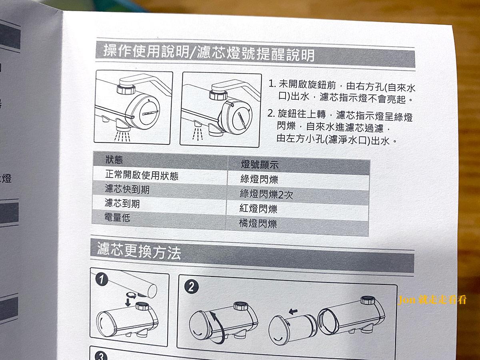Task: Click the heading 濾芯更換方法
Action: point(139,251)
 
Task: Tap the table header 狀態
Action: point(114,160)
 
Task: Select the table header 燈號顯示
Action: point(260,164)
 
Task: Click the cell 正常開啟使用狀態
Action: point(142,175)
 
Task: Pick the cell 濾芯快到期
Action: point(127,189)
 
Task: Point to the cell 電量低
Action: point(117,218)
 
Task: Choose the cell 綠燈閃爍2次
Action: point(266,194)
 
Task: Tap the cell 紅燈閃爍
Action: point(258,208)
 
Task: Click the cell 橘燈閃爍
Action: point(258,223)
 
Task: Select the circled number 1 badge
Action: point(102,280)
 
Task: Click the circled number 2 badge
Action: point(191,287)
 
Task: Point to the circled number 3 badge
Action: point(101,356)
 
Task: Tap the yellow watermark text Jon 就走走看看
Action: point(432,300)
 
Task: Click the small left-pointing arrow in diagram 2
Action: point(293,311)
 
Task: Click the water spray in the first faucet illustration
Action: point(122,136)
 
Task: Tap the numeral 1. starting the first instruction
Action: point(272,84)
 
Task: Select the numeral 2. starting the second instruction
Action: point(271,114)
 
